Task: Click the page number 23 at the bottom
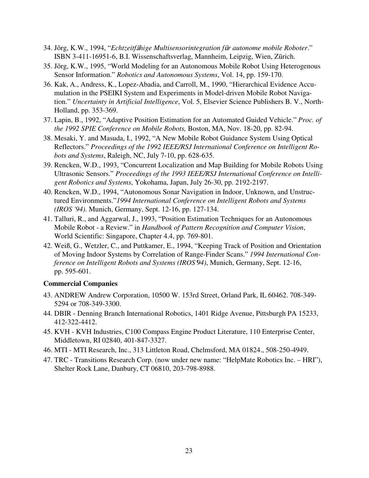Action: pyautogui.click(x=189, y=450)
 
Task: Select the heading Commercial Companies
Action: pyautogui.click(x=81, y=283)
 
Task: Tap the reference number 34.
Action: pyautogui.click(x=47, y=48)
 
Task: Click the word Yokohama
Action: pyautogui.click(x=152, y=182)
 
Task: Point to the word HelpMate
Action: pyautogui.click(x=238, y=360)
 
